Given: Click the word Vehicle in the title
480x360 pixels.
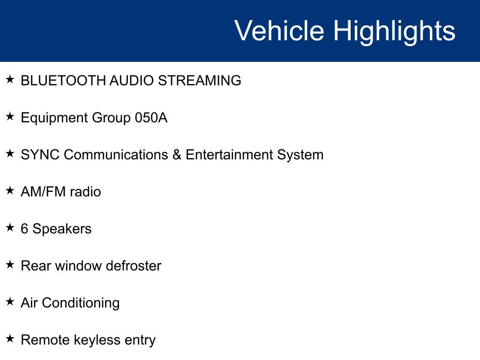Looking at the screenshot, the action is pos(279,30).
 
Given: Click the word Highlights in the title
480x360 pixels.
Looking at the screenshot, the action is pos(394,32).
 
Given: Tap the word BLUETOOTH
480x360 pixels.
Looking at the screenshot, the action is pos(63,81).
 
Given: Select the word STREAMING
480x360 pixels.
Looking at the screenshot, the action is pos(199,81).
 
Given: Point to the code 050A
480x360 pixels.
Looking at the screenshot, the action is pos(151,118).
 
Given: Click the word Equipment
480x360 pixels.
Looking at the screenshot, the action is pos(54,119).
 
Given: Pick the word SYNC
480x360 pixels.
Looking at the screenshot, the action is pos(40,155).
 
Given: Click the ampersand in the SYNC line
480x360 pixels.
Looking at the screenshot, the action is pos(177,155).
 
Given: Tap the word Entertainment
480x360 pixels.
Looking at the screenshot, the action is pos(229,155).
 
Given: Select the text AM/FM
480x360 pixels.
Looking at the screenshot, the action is pos(43,192).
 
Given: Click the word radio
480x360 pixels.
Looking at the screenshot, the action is pos(85,192).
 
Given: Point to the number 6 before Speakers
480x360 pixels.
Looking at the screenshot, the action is pos(24,229).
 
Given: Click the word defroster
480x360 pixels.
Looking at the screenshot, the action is pos(133,266).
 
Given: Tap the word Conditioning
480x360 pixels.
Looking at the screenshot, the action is pos(81,304).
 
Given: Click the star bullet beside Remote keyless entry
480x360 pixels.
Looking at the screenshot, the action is pos(10,338).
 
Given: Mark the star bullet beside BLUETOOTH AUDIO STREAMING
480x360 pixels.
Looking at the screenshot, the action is pos(10,79).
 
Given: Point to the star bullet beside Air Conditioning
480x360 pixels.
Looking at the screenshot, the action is pos(10,301).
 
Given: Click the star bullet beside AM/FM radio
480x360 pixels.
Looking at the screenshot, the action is pos(10,190).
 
